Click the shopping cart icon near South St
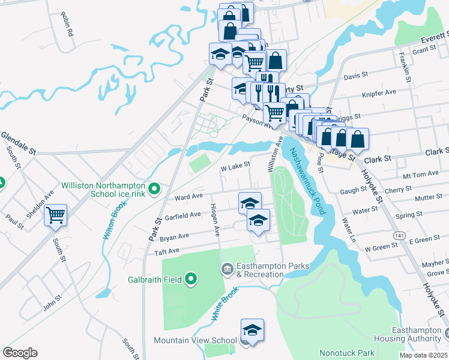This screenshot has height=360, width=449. (x=55, y=214)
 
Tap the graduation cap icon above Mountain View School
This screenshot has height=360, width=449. (x=252, y=330)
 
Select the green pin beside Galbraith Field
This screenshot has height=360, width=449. (x=191, y=278)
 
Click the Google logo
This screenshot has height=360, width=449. (x=20, y=353)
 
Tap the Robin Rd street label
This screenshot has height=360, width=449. (x=66, y=23)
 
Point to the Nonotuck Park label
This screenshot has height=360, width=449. (x=347, y=353)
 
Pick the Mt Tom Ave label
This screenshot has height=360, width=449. (x=421, y=175)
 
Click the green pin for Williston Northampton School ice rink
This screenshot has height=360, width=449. (x=154, y=190)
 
